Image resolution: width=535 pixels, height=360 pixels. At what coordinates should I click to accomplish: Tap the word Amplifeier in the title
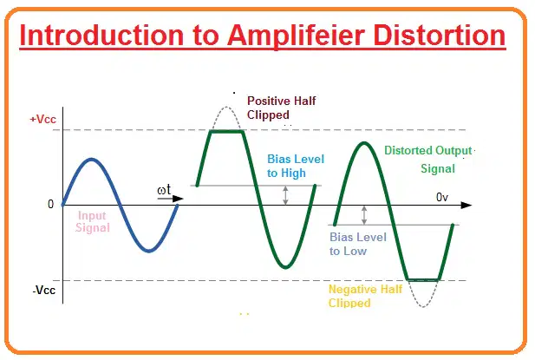[x=297, y=36]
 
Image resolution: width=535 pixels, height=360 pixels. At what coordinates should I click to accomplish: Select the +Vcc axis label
[x=42, y=119]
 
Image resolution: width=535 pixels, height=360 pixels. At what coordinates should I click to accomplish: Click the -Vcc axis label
[x=44, y=291]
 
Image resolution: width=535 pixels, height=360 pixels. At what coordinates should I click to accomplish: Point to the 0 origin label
[x=51, y=204]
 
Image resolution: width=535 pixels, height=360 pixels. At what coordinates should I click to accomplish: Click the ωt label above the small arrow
[x=164, y=190]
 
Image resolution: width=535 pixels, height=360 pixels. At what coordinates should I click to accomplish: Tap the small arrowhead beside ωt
[x=178, y=199]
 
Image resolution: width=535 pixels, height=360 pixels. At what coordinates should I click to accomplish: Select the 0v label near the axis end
[x=442, y=197]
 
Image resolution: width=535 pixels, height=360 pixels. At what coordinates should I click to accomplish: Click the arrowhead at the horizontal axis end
[x=466, y=205]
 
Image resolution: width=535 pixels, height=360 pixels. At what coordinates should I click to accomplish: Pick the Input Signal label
[x=93, y=221]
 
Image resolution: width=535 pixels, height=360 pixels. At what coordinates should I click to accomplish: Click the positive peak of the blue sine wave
[x=91, y=159]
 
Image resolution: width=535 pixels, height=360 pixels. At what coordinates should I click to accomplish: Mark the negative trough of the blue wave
[x=149, y=251]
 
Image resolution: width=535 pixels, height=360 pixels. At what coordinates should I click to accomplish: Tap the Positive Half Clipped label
[x=281, y=108]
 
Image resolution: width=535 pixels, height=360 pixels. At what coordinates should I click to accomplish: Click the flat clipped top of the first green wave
[x=227, y=131]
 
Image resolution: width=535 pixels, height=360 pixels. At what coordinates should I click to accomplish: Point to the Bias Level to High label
[x=296, y=166]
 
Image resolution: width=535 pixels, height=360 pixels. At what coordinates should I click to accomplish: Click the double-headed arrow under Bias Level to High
[x=285, y=195]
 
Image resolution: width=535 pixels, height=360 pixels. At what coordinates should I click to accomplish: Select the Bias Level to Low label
[x=358, y=244]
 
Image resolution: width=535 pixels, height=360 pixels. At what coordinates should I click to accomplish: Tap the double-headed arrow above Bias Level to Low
[x=364, y=215]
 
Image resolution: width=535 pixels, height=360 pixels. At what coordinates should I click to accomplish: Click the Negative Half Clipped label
[x=365, y=296]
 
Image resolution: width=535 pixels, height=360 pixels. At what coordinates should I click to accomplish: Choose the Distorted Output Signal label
[x=428, y=160]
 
